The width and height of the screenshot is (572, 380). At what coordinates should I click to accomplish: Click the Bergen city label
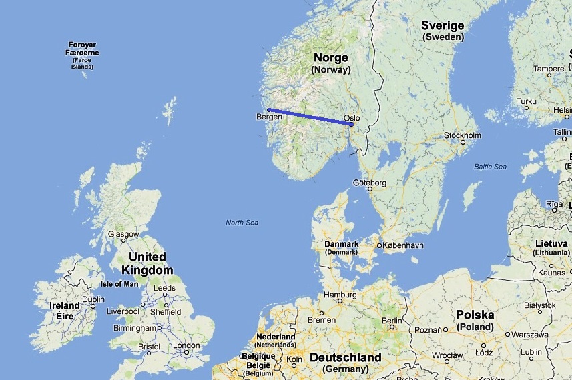click(x=269, y=117)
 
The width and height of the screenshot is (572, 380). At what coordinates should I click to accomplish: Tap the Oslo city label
click(x=352, y=118)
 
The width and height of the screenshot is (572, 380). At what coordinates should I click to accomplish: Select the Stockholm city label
click(x=462, y=135)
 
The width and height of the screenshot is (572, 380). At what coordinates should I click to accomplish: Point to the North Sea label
click(x=242, y=223)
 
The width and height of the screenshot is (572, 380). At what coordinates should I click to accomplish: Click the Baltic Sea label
click(x=490, y=166)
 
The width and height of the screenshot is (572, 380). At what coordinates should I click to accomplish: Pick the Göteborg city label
click(x=370, y=181)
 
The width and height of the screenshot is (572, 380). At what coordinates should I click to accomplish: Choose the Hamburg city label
click(x=339, y=294)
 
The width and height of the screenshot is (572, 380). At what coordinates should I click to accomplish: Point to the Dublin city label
click(x=93, y=299)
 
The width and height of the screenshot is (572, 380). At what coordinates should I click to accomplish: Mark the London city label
click(x=186, y=345)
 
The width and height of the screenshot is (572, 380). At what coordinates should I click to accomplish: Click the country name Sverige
click(x=443, y=26)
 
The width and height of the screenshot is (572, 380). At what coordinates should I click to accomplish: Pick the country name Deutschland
click(x=345, y=358)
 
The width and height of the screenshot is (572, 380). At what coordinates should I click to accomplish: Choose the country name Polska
click(x=475, y=315)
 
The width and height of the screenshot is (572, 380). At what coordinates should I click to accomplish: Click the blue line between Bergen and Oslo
click(x=310, y=117)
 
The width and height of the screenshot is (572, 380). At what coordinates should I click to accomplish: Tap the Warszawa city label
click(x=530, y=334)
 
